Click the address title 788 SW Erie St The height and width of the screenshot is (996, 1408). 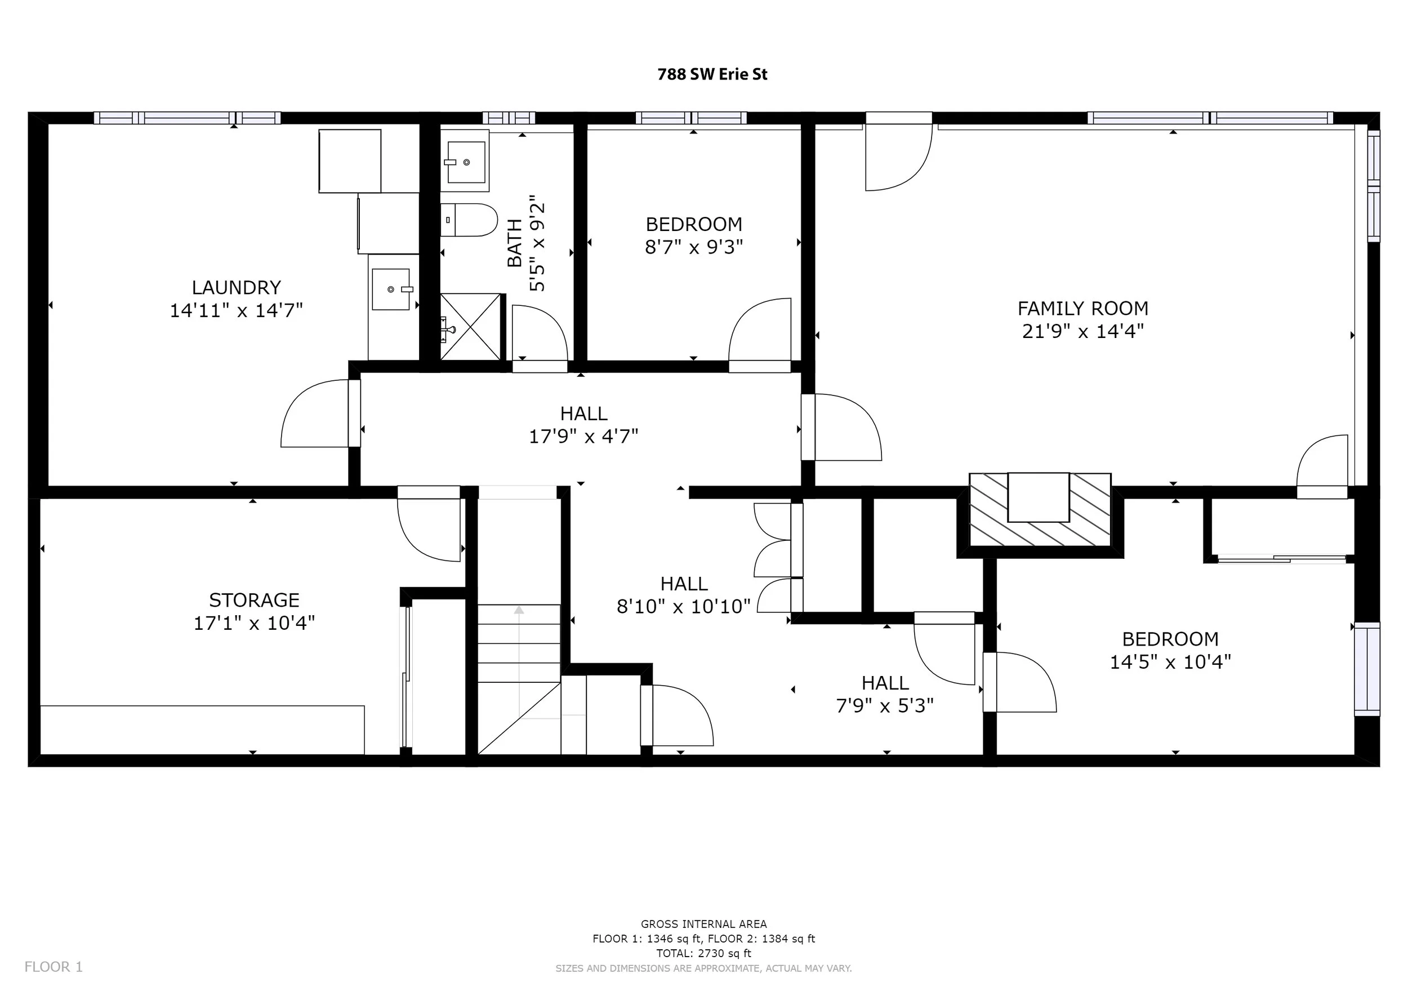pyautogui.click(x=712, y=74)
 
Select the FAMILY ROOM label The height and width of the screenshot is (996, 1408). pyautogui.click(x=1083, y=308)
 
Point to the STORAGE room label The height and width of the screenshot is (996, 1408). pyautogui.click(x=254, y=599)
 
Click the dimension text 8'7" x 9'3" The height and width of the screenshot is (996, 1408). pyautogui.click(x=693, y=247)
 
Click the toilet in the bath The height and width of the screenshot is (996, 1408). pyautogui.click(x=469, y=220)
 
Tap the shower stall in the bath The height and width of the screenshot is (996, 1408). pyautogui.click(x=470, y=326)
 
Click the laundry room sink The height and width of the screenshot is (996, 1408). pyautogui.click(x=391, y=289)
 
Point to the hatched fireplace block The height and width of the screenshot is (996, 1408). pyautogui.click(x=1040, y=509)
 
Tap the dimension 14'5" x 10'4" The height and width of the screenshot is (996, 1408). pyautogui.click(x=1170, y=662)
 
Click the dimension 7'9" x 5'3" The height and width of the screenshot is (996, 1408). pyautogui.click(x=884, y=706)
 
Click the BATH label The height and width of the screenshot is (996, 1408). pyautogui.click(x=515, y=243)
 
